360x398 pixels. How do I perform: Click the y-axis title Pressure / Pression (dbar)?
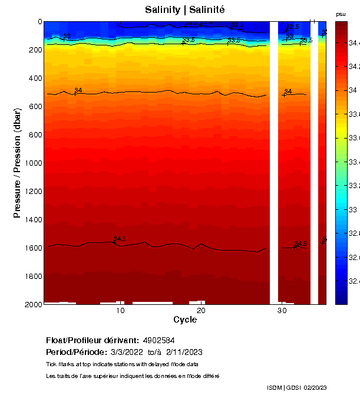click(x=17, y=163)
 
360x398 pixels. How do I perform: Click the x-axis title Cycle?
click(x=185, y=320)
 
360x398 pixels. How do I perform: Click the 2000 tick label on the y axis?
click(x=32, y=304)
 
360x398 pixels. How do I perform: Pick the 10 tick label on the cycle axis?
click(x=120, y=311)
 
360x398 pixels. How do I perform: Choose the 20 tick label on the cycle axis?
click(x=201, y=311)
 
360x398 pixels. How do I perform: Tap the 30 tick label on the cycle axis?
click(x=282, y=311)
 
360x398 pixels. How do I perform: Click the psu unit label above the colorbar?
click(x=341, y=14)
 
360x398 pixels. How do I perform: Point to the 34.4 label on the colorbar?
click(x=354, y=42)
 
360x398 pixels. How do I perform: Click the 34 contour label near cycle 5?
click(x=78, y=90)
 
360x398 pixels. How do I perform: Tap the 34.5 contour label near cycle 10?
click(x=120, y=239)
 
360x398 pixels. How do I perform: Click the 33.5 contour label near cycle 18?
click(x=189, y=40)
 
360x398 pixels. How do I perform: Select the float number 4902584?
click(x=158, y=340)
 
